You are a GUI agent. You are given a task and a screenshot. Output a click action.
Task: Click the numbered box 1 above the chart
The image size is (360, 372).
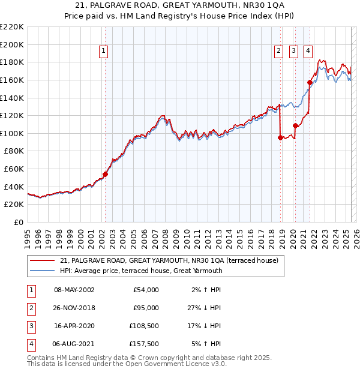pyautogui.click(x=104, y=52)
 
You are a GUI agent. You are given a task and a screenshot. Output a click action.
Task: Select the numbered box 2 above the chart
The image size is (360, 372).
pyautogui.click(x=279, y=52)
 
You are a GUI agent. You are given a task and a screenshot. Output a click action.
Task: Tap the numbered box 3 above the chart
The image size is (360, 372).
pyautogui.click(x=293, y=52)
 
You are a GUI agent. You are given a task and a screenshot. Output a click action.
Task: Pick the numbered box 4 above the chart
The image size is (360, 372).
pyautogui.click(x=308, y=52)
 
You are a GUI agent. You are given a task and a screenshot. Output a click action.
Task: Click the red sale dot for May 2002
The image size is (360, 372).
pyautogui.click(x=105, y=175)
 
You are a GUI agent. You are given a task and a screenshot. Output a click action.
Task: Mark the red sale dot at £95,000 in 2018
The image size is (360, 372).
pyautogui.click(x=281, y=137)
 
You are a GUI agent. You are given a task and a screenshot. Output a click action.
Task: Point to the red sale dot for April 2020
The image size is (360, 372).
pyautogui.click(x=295, y=125)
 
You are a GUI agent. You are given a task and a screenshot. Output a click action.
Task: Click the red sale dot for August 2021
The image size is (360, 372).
pyautogui.click(x=310, y=82)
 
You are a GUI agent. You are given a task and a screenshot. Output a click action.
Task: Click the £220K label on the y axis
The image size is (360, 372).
pyautogui.click(x=12, y=27)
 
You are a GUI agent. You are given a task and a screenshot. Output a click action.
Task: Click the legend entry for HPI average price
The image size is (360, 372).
pyautogui.click(x=141, y=271)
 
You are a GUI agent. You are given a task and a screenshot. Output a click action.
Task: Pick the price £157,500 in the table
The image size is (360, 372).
pyautogui.click(x=145, y=344)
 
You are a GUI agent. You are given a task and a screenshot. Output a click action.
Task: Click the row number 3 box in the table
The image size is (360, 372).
pyautogui.click(x=31, y=326)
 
